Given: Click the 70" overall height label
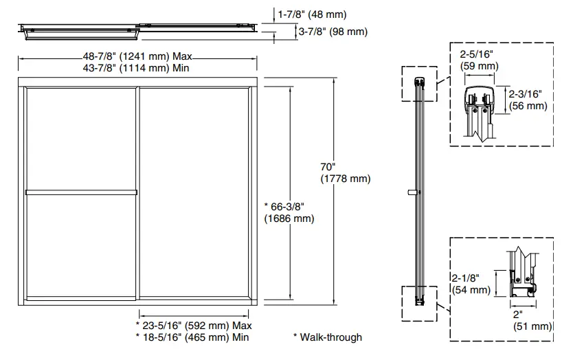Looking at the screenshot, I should (328, 167).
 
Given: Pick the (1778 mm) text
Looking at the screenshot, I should (345, 179).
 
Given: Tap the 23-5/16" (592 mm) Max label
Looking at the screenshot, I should (194, 325).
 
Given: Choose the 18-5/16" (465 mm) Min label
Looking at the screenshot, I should (192, 337).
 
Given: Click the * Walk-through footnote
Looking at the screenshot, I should (327, 337).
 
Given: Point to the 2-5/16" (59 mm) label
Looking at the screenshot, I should (477, 60).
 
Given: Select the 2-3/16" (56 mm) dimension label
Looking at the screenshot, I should (528, 99).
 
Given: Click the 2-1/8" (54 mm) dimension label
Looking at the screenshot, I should (471, 284).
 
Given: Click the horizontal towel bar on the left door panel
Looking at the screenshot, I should (81, 192).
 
